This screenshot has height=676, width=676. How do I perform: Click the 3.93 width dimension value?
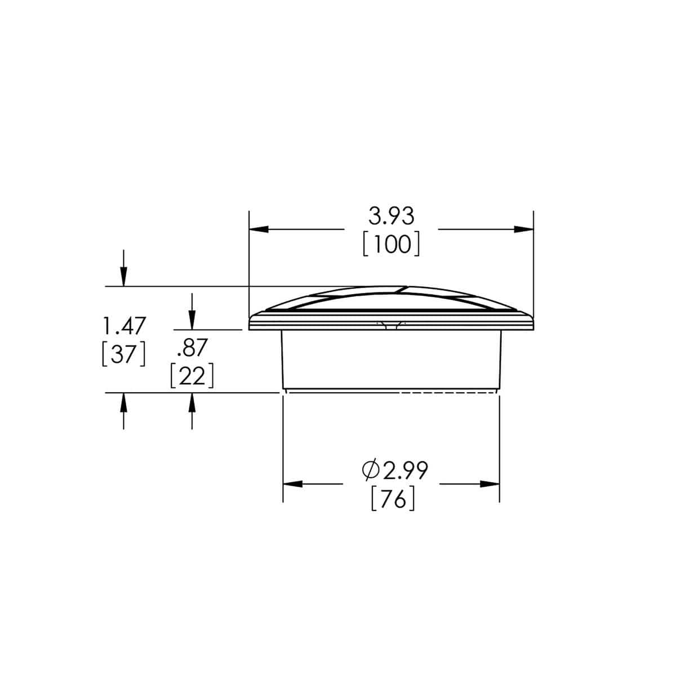(x=391, y=216)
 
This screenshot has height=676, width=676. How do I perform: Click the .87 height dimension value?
(x=192, y=349)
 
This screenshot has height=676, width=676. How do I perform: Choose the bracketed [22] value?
(x=192, y=376)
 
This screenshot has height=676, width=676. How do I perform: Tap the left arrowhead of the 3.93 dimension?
(x=257, y=229)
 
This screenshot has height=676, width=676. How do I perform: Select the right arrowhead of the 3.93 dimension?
(x=524, y=229)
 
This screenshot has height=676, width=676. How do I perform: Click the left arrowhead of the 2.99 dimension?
(x=292, y=483)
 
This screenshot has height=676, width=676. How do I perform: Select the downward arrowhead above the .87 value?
(x=192, y=321)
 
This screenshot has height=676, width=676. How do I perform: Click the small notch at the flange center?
(x=391, y=324)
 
